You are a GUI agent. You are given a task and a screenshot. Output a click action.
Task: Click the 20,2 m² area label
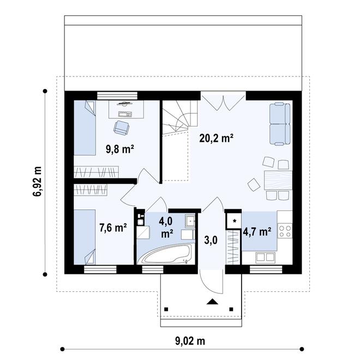pyautogui.click(x=217, y=139)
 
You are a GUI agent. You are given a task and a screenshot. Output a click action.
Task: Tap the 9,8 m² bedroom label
pyautogui.click(x=120, y=149)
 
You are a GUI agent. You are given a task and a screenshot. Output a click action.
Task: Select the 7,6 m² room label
pyautogui.click(x=113, y=228)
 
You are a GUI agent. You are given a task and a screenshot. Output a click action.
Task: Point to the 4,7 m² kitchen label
pyautogui.click(x=257, y=231)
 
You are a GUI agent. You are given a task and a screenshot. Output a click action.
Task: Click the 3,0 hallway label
pyautogui.click(x=211, y=241)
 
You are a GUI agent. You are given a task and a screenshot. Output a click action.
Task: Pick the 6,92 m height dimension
pyautogui.click(x=37, y=182)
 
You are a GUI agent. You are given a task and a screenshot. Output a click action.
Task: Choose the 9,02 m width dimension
pyautogui.click(x=190, y=341)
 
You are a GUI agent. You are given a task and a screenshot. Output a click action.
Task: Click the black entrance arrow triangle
pyautogui.click(x=212, y=302)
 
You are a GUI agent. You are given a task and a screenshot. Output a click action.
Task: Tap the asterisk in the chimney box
pyautogui.click(x=235, y=221)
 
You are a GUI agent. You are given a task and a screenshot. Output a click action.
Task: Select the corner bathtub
pyautogui.click(x=166, y=254)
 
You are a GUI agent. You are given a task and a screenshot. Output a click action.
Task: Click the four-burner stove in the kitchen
pyautogui.click(x=285, y=231)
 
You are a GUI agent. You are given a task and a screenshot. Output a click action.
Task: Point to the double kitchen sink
pyautogui.click(x=266, y=257)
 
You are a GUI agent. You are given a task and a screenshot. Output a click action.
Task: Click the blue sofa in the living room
pyautogui.click(x=280, y=124)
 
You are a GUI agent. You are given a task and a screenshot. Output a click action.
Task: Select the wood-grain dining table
pyautogui.click(x=278, y=180)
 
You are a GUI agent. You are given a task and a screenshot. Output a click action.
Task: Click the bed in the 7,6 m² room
pyautogui.click(x=85, y=237)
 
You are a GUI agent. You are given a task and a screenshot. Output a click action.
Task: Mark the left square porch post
pyautogui.click(x=166, y=309)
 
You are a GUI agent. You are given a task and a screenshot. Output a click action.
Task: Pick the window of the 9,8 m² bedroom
pyautogui.click(x=117, y=96)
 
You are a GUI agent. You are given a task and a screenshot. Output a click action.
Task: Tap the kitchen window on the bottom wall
pyautogui.click(x=266, y=269)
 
